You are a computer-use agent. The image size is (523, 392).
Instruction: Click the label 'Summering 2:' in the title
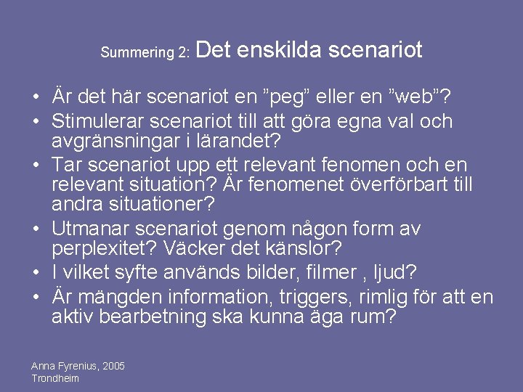coord(145,53)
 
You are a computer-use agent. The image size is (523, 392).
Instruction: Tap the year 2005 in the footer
coord(113,366)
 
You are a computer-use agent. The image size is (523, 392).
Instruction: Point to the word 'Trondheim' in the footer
coord(55,378)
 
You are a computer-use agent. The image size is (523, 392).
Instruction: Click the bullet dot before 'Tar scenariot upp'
coord(36,166)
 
